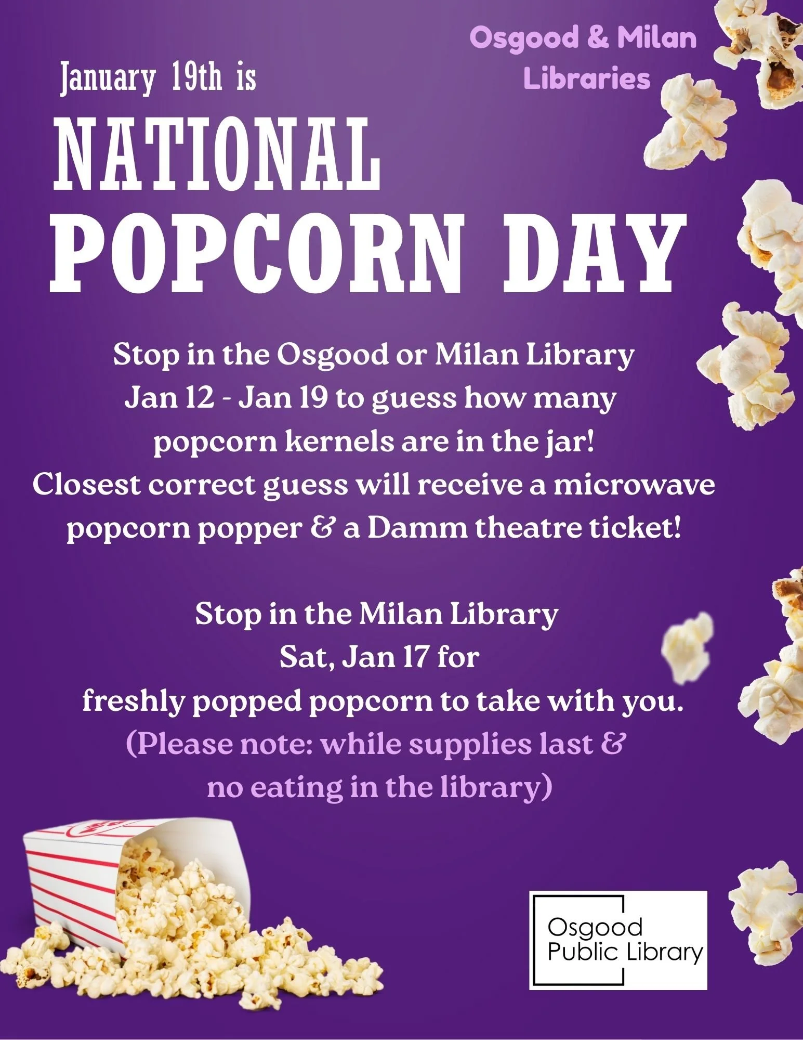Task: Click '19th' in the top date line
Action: click(196, 78)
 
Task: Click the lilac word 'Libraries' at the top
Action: click(587, 79)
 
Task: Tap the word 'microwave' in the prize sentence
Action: click(634, 485)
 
